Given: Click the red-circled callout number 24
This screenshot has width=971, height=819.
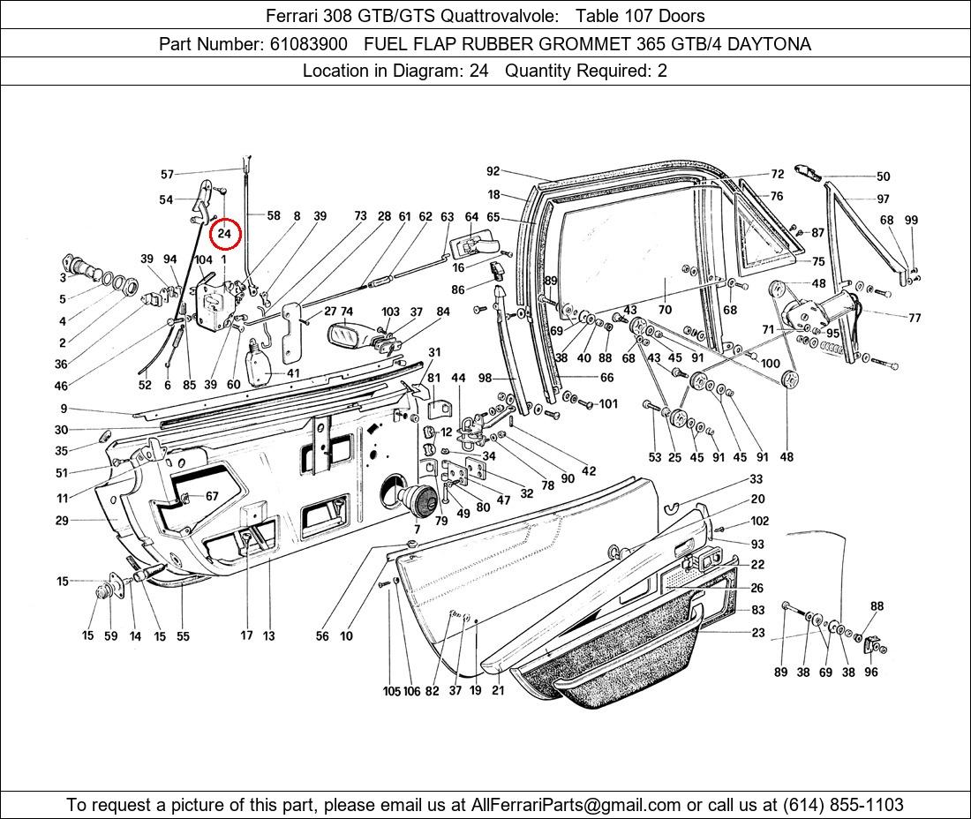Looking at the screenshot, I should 224,234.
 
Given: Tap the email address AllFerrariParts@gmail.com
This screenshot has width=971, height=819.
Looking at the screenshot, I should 576,805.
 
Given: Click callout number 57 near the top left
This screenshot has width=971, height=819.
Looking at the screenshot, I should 167,175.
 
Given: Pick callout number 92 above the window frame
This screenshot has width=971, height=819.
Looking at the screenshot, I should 493,171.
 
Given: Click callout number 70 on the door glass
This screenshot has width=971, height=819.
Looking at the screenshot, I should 665,310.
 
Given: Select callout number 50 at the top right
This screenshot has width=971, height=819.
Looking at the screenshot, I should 883,177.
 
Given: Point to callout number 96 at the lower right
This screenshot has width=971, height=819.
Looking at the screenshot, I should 871,672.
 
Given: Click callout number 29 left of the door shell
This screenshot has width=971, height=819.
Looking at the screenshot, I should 62,521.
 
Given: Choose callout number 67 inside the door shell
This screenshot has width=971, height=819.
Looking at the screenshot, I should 212,497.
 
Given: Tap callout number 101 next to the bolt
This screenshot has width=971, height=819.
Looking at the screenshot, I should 608,404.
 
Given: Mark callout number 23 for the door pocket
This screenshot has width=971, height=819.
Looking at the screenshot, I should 758,632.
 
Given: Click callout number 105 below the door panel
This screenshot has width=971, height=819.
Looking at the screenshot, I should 391,691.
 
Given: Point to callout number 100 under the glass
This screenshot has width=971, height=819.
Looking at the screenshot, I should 770,363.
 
